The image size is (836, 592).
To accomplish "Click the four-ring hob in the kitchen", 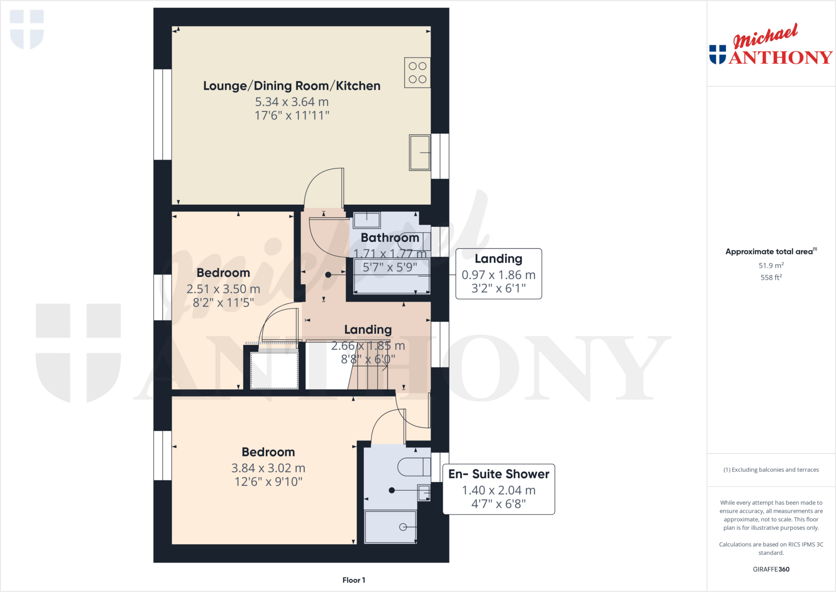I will pos(417,73).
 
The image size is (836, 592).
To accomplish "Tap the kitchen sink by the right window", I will pos(420,152).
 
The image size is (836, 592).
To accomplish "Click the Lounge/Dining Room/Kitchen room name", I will pos(291,86).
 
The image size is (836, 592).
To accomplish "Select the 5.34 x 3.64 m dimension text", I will pos(291,102).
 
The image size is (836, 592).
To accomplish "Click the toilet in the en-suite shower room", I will pos(414,467).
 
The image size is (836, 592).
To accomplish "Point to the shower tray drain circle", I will pos(403,527).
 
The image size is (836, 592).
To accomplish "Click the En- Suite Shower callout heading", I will pos(498,474).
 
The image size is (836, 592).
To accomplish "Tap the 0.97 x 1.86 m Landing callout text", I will pos(498,275).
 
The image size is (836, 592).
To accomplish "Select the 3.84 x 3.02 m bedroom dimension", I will pos(268,468).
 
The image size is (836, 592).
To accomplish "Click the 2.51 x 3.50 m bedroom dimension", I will pos(223,289).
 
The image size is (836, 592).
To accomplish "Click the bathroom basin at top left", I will pos(367,220).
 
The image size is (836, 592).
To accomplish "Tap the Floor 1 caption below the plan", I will pos(354,580).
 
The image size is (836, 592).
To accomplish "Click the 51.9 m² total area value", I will pos(771,266).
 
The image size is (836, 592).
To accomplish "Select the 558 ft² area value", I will pos(771,277).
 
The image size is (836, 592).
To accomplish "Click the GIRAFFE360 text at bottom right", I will pos(771,569).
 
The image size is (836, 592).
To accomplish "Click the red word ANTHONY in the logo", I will pos(780,58).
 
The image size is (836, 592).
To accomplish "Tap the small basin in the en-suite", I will pos(424,493).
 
